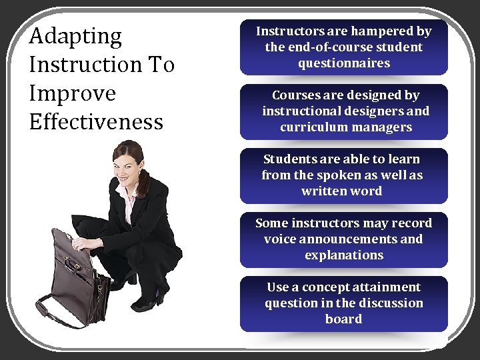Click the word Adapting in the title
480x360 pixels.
click(x=75, y=37)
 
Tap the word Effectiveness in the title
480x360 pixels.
click(x=96, y=122)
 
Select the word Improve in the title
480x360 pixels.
click(x=72, y=93)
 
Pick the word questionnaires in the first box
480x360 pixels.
click(x=343, y=63)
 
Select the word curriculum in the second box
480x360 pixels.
click(x=313, y=127)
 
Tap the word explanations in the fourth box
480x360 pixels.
click(x=343, y=255)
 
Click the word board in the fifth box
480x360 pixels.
click(x=343, y=319)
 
